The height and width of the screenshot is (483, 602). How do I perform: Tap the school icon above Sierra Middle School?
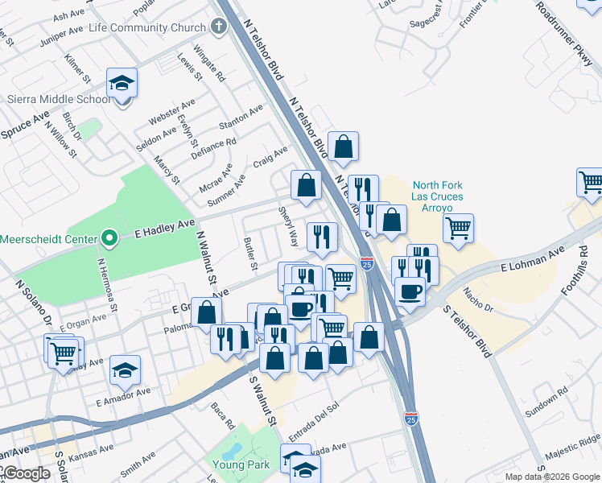tap(122, 84)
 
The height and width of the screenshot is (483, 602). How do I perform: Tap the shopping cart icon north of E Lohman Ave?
tap(458, 229)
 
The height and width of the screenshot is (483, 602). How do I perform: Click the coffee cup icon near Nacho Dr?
tap(410, 291)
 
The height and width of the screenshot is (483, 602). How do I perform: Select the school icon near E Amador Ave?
tap(125, 370)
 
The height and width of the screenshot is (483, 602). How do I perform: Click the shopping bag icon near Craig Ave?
tap(306, 185)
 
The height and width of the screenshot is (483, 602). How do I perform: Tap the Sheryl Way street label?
tap(288, 227)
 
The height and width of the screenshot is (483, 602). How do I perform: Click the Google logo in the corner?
tap(26, 473)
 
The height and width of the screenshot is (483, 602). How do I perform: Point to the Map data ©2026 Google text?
tap(552, 477)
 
